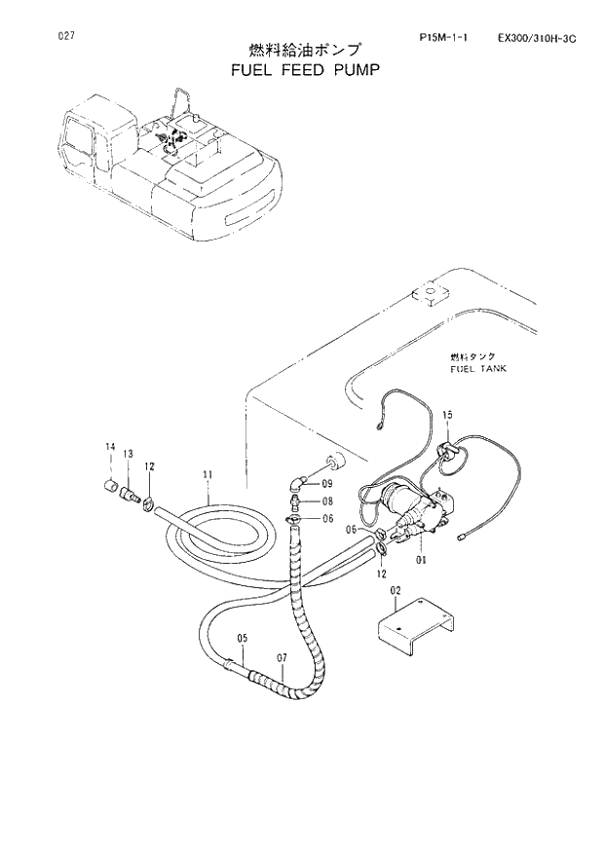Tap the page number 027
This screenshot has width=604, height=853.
coord(67,36)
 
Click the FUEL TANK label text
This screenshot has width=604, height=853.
coord(478,371)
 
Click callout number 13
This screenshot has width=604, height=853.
coord(128,456)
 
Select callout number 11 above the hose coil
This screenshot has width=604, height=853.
coord(207,475)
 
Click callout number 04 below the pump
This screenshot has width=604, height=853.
coord(422,560)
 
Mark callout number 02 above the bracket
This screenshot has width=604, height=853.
coord(396,591)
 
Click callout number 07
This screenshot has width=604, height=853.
coord(280,659)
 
